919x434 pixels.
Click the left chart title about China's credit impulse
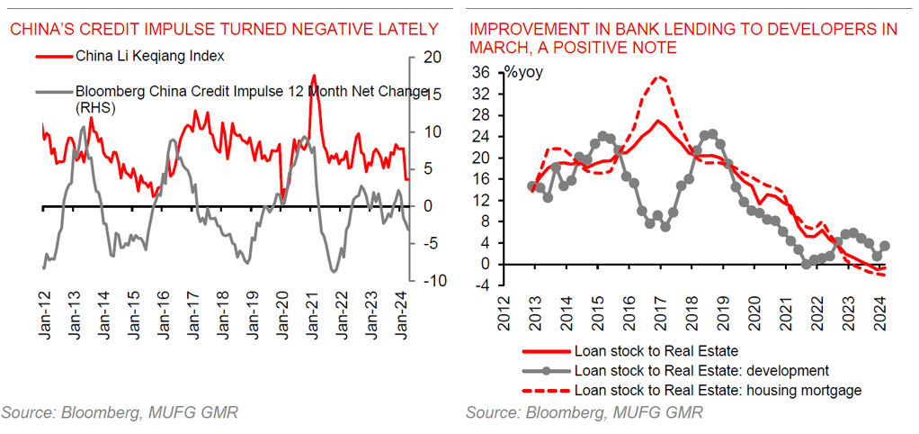(224, 30)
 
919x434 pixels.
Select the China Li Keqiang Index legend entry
(149, 57)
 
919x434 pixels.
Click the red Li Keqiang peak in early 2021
(313, 76)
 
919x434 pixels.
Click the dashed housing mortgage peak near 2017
(661, 77)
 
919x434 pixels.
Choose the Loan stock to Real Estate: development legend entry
(700, 370)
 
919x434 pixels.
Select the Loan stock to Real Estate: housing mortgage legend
(717, 389)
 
